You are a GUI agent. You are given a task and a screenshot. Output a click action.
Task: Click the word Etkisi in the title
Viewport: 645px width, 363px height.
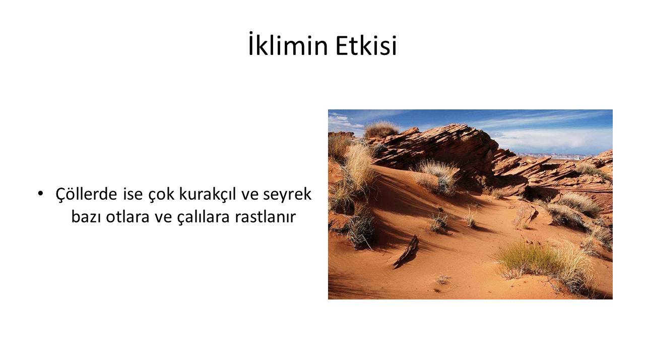click(366, 45)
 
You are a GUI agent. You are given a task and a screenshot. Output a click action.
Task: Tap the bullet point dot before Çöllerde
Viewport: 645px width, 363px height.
click(40, 194)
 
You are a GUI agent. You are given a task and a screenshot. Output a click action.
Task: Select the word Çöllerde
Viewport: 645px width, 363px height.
click(86, 195)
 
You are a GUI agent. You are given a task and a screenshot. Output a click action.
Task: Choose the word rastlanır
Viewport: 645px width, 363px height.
click(265, 217)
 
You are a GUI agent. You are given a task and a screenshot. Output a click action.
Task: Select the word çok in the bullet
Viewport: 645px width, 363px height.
click(161, 195)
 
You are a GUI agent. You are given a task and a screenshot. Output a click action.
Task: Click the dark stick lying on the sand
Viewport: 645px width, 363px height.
click(407, 251)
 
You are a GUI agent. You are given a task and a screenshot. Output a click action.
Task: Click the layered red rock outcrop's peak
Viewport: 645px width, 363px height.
click(458, 126)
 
